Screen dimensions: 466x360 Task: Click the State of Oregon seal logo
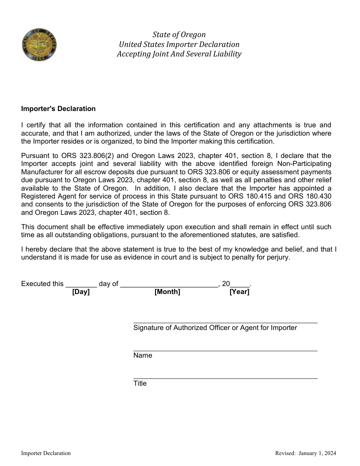click(39, 45)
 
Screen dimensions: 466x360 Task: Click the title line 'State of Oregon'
click(179, 35)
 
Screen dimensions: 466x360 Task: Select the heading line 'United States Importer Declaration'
click(179, 44)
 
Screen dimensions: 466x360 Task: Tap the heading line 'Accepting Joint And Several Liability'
click(179, 54)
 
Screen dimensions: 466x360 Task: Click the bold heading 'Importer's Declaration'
click(58, 109)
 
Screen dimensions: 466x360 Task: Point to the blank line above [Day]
click(81, 286)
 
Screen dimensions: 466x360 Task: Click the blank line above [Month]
click(169, 286)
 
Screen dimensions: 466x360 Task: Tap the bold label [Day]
click(81, 292)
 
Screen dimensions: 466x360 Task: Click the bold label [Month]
click(167, 292)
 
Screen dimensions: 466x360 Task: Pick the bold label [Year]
click(239, 292)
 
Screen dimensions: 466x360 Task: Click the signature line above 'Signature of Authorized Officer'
click(225, 323)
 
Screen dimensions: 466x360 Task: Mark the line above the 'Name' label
click(225, 351)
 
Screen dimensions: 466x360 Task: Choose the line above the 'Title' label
click(225, 378)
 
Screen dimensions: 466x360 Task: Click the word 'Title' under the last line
click(140, 383)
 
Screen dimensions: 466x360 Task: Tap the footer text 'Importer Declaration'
click(46, 453)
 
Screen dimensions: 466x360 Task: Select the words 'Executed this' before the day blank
click(42, 284)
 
